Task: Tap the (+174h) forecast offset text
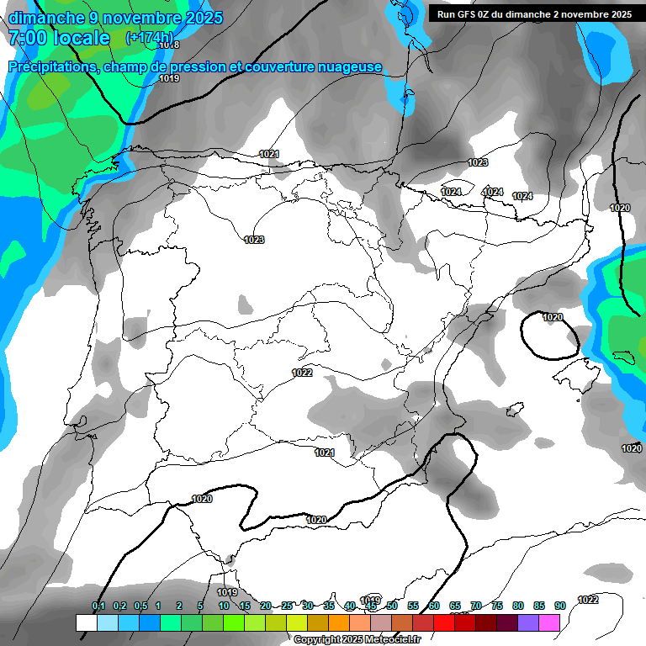150,38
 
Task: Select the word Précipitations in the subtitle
52,67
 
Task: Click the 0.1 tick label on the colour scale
98,606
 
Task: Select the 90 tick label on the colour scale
560,606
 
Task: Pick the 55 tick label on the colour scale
413,606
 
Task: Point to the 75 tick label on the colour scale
497,606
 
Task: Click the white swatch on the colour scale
86,622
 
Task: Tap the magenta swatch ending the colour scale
549,622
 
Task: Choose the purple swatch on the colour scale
528,622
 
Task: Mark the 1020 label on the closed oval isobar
553,317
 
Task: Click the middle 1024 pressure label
492,193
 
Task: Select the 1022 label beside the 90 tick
588,600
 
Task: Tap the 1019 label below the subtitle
169,78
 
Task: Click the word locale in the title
80,38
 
